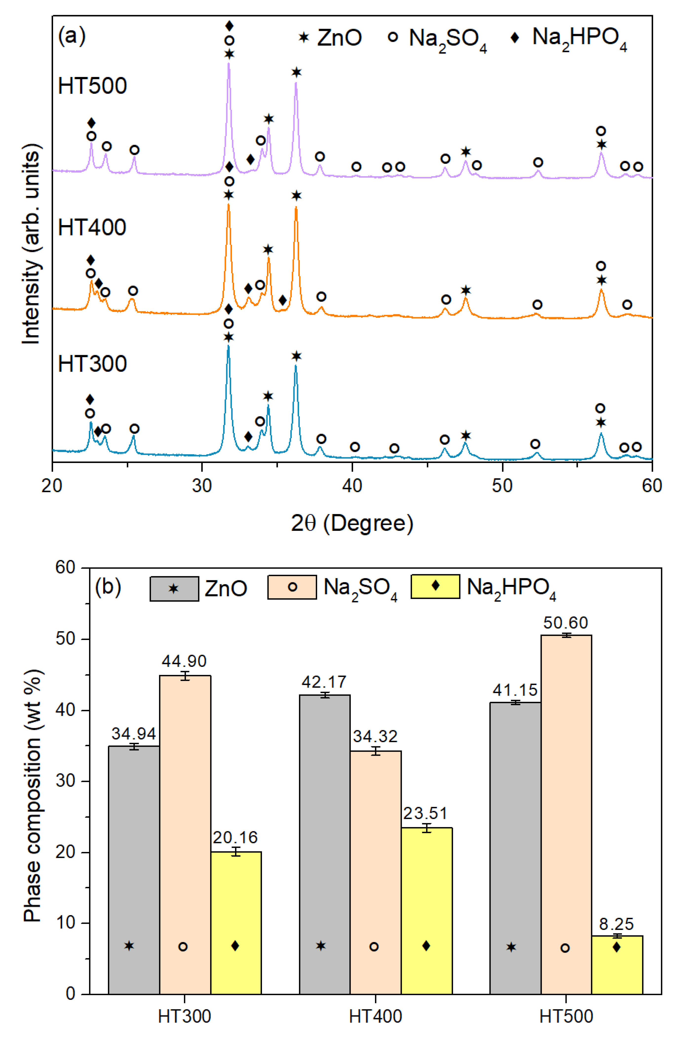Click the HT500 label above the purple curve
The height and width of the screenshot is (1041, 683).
pyautogui.click(x=92, y=86)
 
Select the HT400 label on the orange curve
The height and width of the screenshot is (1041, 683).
pyautogui.click(x=92, y=228)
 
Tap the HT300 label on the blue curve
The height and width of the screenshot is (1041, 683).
pyautogui.click(x=92, y=364)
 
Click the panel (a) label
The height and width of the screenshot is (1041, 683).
pyautogui.click(x=72, y=36)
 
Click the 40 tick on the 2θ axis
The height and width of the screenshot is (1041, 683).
pyautogui.click(x=352, y=485)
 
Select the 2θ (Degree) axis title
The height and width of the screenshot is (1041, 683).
pyautogui.click(x=352, y=523)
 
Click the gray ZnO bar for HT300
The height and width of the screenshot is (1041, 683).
pyautogui.click(x=134, y=870)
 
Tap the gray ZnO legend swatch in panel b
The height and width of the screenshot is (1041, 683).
pyautogui.click(x=174, y=589)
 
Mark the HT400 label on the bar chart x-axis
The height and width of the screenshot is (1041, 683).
pyautogui.click(x=375, y=1016)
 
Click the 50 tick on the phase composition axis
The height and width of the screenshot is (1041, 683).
pyautogui.click(x=66, y=639)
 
